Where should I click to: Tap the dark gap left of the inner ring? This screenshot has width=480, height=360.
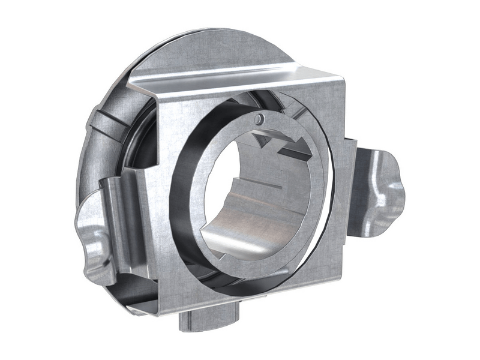tap(180, 198)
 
